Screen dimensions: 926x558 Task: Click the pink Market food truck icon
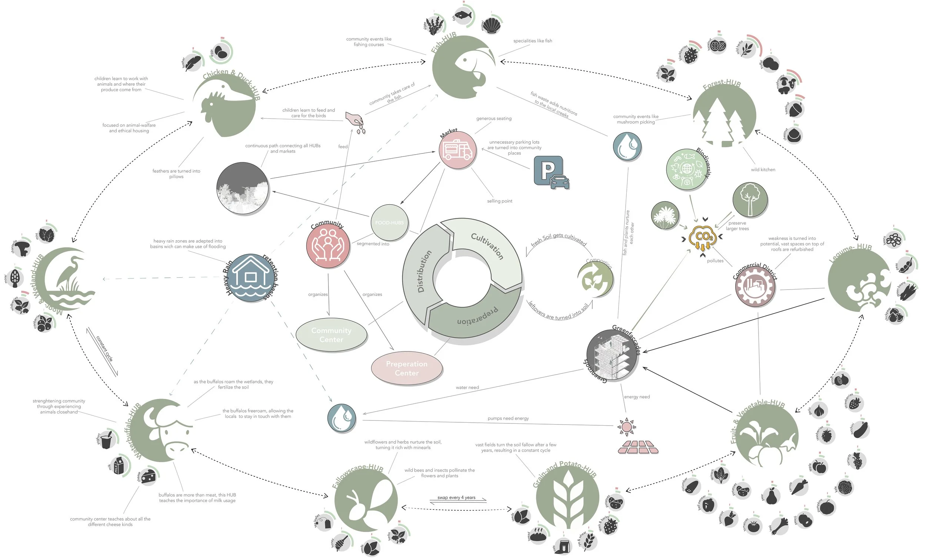point(457,150)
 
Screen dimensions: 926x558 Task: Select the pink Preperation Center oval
point(407,368)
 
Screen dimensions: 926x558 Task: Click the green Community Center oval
point(332,335)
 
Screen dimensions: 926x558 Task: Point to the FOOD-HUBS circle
point(389,222)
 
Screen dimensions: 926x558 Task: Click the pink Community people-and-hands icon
point(328,246)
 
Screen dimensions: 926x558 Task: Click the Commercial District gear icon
point(755,287)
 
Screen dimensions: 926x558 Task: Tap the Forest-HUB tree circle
point(724,115)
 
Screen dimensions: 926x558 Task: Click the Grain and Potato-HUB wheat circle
point(567,498)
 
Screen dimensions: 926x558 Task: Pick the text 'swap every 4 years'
point(456,498)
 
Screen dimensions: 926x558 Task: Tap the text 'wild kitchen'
point(763,169)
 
